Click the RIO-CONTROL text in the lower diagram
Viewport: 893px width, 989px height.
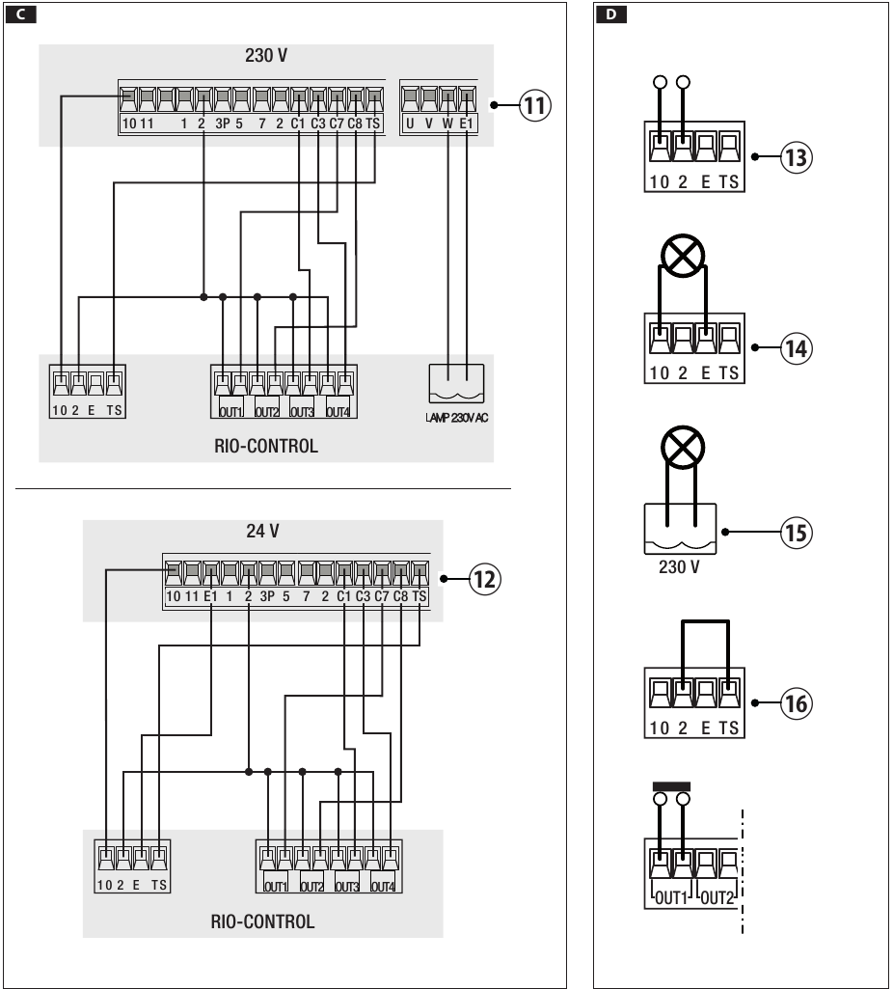click(262, 921)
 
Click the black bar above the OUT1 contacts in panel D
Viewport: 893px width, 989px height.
click(672, 785)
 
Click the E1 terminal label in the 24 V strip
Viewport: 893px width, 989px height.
click(209, 597)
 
